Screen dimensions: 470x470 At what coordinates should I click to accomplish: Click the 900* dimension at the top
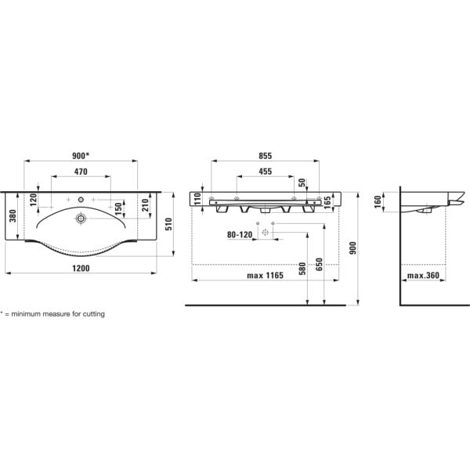pyautogui.click(x=81, y=155)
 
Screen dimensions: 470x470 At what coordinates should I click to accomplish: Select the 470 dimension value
pyautogui.click(x=80, y=171)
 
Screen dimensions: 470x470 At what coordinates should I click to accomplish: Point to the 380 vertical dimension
pyautogui.click(x=13, y=216)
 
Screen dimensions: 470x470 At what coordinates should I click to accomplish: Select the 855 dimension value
pyautogui.click(x=266, y=156)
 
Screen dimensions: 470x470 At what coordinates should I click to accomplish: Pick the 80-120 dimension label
pyautogui.click(x=240, y=233)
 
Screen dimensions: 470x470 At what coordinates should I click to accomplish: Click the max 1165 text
pyautogui.click(x=265, y=277)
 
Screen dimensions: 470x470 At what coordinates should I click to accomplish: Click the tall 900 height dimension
pyautogui.click(x=353, y=248)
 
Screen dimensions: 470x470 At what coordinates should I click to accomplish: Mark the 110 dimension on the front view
pyautogui.click(x=198, y=200)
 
